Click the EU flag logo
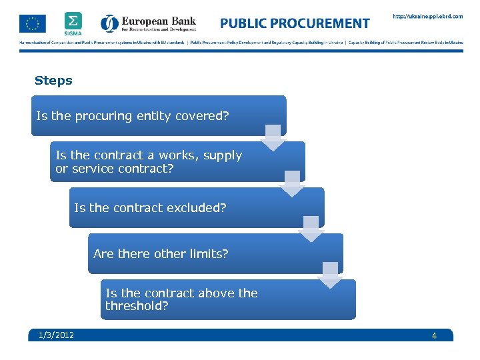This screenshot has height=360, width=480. [33, 23]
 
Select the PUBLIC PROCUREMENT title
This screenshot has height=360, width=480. [295, 23]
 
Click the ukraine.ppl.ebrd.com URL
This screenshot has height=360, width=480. [427, 17]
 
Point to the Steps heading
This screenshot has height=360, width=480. [53, 81]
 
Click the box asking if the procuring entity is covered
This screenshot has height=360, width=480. [158, 116]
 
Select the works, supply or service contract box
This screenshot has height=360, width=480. [177, 162]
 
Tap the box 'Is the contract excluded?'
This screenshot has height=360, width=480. [197, 208]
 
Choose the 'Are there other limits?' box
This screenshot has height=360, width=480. [215, 254]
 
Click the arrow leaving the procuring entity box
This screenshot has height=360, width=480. [273, 138]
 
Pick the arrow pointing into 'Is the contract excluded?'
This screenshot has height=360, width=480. [292, 183]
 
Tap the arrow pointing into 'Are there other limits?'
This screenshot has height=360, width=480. [311, 229]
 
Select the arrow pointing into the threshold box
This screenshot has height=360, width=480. [330, 275]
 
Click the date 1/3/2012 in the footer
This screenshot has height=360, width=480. [57, 335]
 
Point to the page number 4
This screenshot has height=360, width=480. [434, 335]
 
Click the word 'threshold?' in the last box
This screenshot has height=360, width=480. [137, 306]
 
